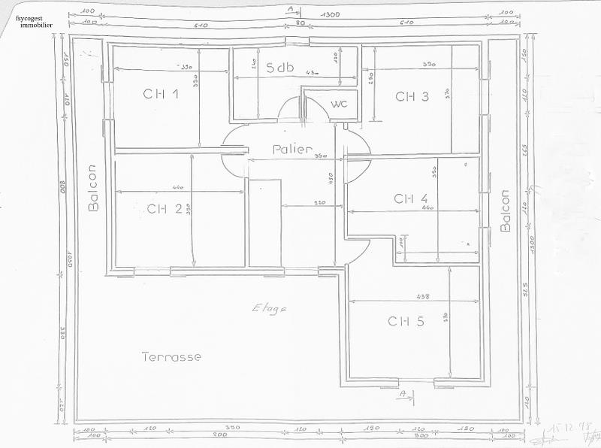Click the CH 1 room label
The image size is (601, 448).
[x=161, y=94]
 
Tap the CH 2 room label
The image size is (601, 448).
[x=164, y=208]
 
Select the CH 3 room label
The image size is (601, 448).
[x=412, y=96]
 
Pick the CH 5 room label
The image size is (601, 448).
[x=406, y=321]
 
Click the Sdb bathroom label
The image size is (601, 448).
[x=279, y=67]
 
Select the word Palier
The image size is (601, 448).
[x=292, y=150]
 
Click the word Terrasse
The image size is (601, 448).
[x=171, y=357]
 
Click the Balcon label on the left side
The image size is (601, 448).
[x=93, y=188]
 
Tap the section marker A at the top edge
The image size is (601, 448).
[x=290, y=8]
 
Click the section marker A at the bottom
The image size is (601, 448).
[x=403, y=393]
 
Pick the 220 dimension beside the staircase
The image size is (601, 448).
[x=319, y=204]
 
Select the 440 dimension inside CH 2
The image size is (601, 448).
[x=178, y=187]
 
